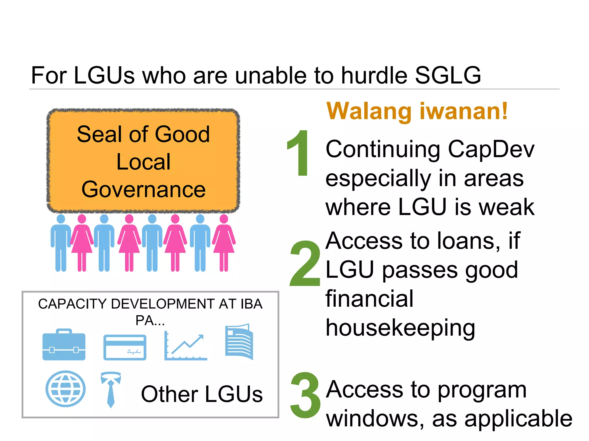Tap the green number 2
click(305, 264)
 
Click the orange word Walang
click(369, 111)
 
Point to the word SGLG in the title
click(448, 76)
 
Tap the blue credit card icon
click(125, 347)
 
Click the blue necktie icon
click(111, 389)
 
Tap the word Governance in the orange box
click(144, 189)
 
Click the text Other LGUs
click(202, 394)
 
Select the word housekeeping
click(400, 328)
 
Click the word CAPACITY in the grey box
click(73, 304)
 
